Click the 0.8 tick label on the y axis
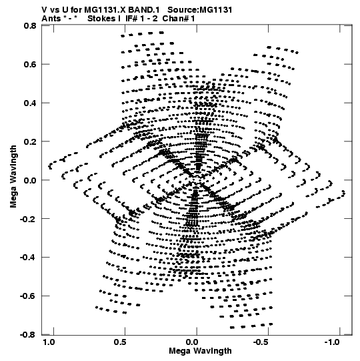pos(30,25)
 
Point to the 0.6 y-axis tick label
pos(30,64)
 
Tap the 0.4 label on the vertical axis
pos(30,103)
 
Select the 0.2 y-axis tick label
pos(30,141)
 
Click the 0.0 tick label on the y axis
pos(30,180)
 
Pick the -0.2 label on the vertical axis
pos(28,218)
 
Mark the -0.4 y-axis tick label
pos(28,257)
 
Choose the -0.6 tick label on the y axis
pos(28,296)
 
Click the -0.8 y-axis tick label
pos(28,334)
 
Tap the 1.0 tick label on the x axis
pos(49,342)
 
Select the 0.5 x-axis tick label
pos(120,342)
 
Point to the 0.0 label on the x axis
pos(192,342)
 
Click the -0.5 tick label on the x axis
pos(261,342)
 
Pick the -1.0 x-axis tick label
pos(333,342)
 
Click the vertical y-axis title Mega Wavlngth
pos(13,177)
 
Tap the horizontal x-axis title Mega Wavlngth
pos(200,351)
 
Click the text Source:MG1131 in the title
pos(200,9)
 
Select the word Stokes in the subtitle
pos(101,19)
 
